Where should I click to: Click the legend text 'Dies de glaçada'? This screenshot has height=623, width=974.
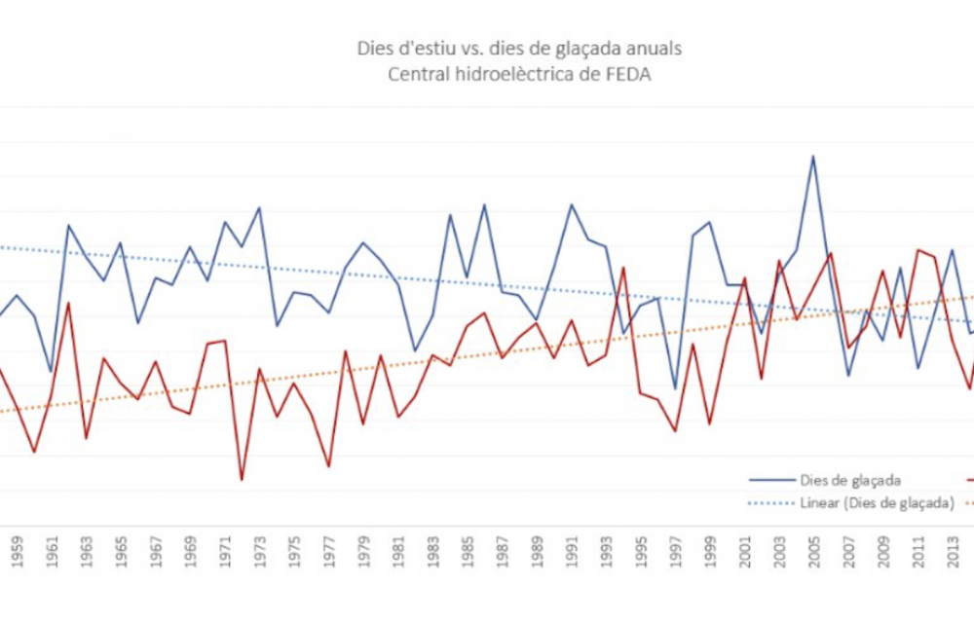pos(848,480)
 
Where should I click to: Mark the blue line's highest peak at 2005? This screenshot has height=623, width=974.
pos(812,156)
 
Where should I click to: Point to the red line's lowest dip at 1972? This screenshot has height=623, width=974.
pos(242,480)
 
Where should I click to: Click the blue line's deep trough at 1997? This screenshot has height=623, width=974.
pos(675,389)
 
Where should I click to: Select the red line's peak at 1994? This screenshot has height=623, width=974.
pos(623,268)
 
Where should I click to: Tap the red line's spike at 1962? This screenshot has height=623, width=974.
pos(69,304)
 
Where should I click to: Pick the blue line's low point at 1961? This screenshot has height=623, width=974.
pos(51,372)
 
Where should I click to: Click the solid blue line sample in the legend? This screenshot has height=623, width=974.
pos(770,480)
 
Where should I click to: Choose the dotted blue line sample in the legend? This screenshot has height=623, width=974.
pos(770,502)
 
